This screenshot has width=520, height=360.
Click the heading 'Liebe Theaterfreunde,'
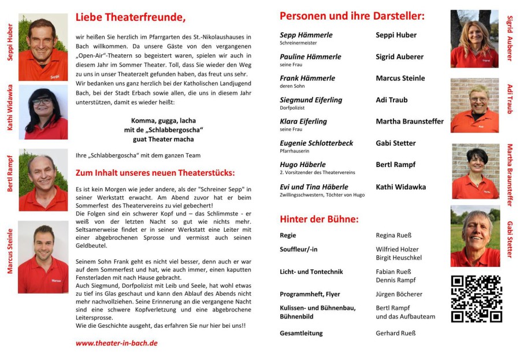click(x=131, y=18)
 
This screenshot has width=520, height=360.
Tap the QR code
click(x=476, y=299)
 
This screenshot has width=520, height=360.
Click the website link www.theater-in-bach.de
click(x=116, y=343)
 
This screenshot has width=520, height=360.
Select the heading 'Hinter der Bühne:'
click(x=319, y=219)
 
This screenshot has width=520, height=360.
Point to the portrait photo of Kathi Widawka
click(x=43, y=112)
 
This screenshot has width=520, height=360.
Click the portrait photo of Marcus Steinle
click(x=43, y=248)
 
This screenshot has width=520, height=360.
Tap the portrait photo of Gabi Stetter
click(x=475, y=236)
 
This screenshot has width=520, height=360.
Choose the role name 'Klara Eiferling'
click(x=303, y=121)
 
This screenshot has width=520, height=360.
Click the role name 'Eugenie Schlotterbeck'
click(x=315, y=143)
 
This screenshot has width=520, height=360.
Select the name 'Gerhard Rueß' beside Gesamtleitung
click(x=396, y=333)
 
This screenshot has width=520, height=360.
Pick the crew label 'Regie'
click(x=288, y=235)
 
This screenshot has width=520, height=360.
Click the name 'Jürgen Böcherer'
click(x=399, y=294)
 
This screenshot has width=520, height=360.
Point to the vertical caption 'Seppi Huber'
click(x=9, y=41)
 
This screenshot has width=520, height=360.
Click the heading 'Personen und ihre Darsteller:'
click(x=351, y=16)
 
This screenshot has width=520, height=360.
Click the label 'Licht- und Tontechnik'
click(x=311, y=272)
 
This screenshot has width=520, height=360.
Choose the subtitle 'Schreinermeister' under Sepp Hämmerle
click(x=298, y=43)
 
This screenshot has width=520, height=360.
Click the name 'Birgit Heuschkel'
click(x=399, y=258)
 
